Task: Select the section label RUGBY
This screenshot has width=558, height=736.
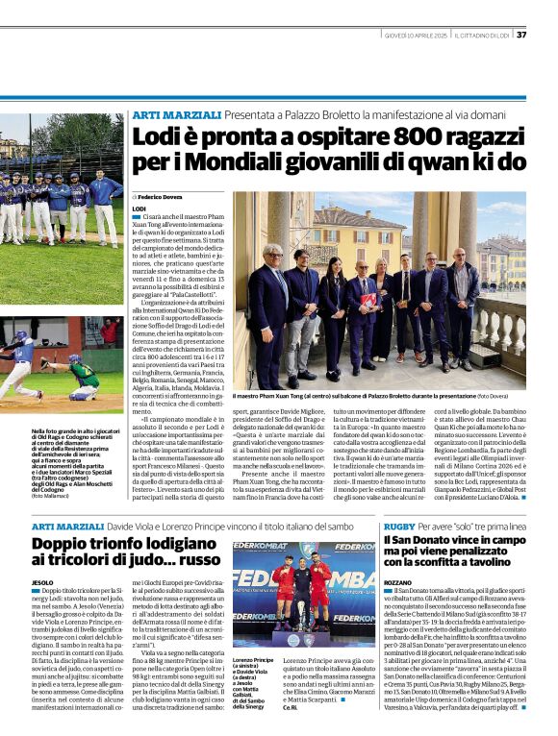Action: [398, 527]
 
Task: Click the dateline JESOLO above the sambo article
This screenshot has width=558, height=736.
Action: [42, 583]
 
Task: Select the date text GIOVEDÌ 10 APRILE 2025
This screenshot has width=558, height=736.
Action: [411, 35]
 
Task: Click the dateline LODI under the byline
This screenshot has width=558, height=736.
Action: [139, 208]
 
